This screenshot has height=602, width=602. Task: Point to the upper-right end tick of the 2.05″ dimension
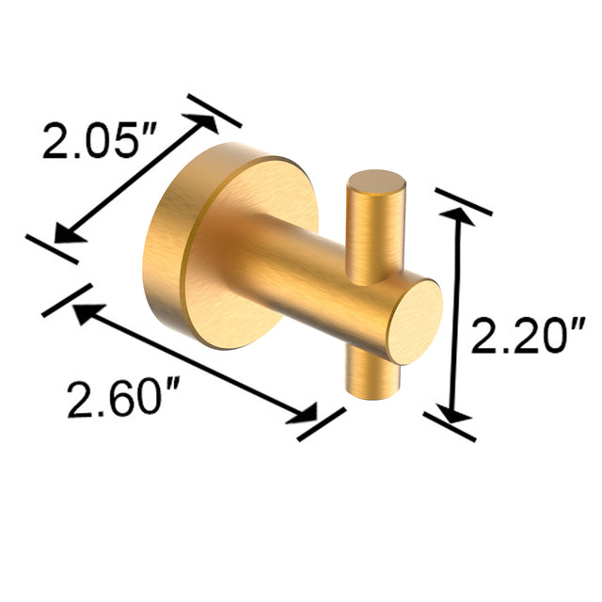(x=214, y=110)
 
